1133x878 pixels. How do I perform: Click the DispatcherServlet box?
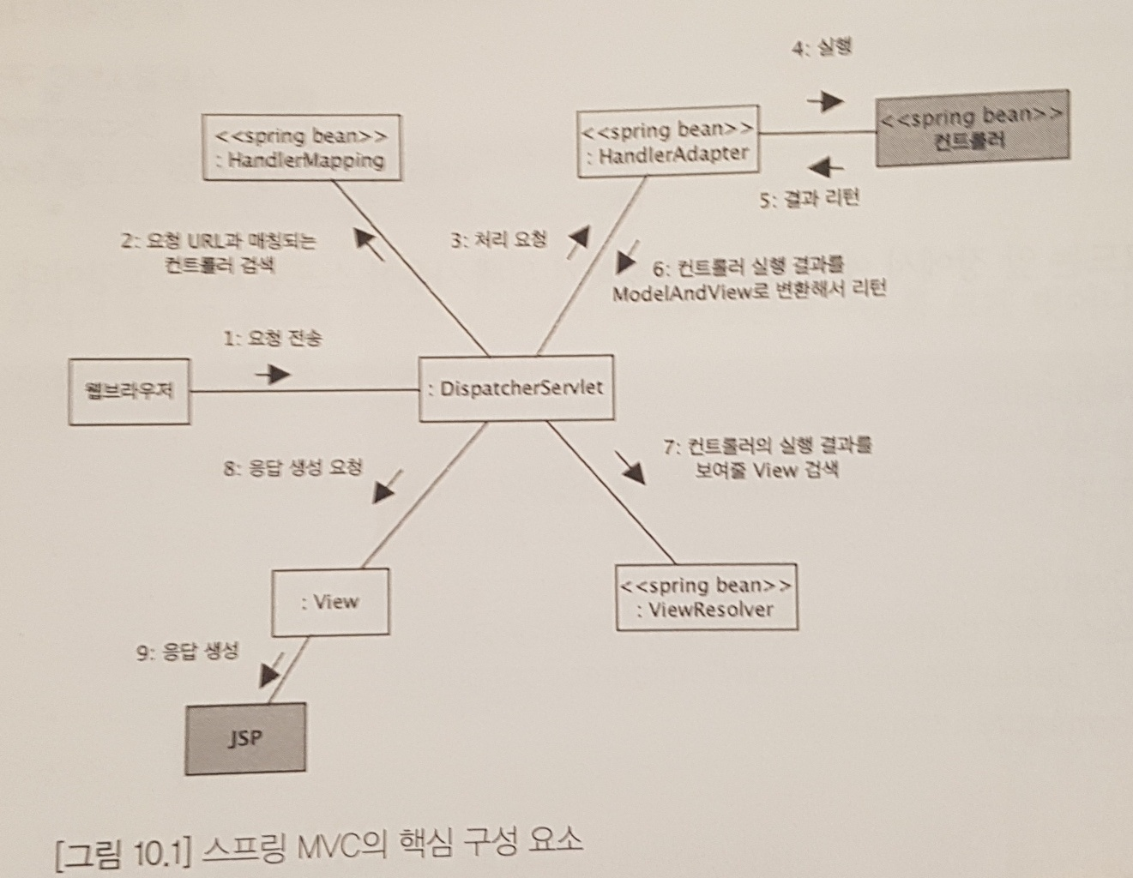pyautogui.click(x=516, y=388)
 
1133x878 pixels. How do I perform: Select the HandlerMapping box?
pyautogui.click(x=302, y=147)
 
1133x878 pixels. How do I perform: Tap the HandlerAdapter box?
pyautogui.click(x=668, y=142)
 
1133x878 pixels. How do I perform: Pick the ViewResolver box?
pyautogui.click(x=707, y=598)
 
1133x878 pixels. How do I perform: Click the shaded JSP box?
pyautogui.click(x=245, y=738)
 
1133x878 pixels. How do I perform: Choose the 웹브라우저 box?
pyautogui.click(x=130, y=392)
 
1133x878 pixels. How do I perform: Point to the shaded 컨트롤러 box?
pyautogui.click(x=973, y=129)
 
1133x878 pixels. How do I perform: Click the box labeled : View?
pyautogui.click(x=330, y=602)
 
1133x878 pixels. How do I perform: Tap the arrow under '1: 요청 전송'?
pyautogui.click(x=274, y=375)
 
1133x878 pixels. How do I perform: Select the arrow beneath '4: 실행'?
pyautogui.click(x=826, y=101)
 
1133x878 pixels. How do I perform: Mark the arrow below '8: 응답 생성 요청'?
pyautogui.click(x=385, y=488)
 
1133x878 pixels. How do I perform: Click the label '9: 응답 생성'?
pyautogui.click(x=188, y=652)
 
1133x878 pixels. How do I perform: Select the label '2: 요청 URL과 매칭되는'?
pyautogui.click(x=219, y=241)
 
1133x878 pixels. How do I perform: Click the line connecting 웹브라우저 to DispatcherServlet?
pyautogui.click(x=343, y=392)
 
